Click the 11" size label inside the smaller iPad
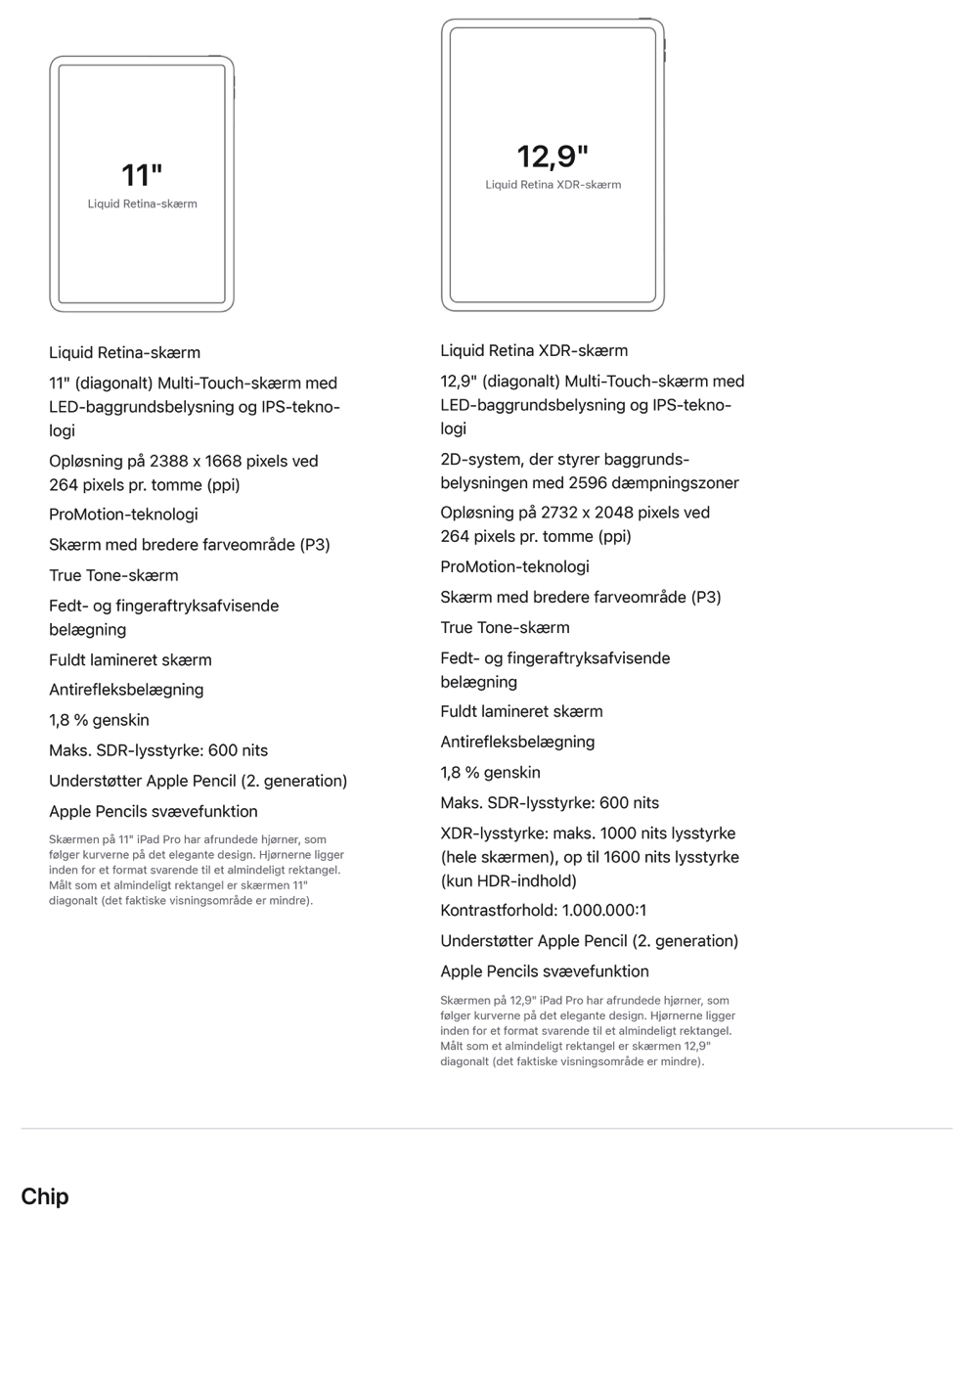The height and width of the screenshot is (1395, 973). pyautogui.click(x=142, y=175)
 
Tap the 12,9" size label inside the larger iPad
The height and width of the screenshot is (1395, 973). pyautogui.click(x=553, y=157)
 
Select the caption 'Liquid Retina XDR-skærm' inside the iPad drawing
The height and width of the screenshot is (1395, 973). pyautogui.click(x=553, y=185)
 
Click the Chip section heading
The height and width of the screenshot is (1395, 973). pyautogui.click(x=45, y=1196)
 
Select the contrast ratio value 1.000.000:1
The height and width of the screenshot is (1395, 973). pyautogui.click(x=603, y=910)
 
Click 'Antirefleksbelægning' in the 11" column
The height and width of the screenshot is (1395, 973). pyautogui.click(x=126, y=690)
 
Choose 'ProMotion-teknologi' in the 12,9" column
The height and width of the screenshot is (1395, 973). pyautogui.click(x=514, y=566)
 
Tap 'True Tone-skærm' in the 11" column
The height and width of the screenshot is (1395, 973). pyautogui.click(x=113, y=575)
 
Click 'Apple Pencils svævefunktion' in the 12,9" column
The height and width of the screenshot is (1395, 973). pyautogui.click(x=544, y=971)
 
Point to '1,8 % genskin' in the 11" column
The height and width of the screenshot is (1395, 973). pyautogui.click(x=99, y=720)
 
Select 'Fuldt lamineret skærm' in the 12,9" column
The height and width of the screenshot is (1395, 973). pyautogui.click(x=521, y=711)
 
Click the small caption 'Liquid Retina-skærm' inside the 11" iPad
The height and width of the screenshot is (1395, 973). pyautogui.click(x=143, y=204)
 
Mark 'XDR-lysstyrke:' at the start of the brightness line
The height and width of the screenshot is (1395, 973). pyautogui.click(x=494, y=833)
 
